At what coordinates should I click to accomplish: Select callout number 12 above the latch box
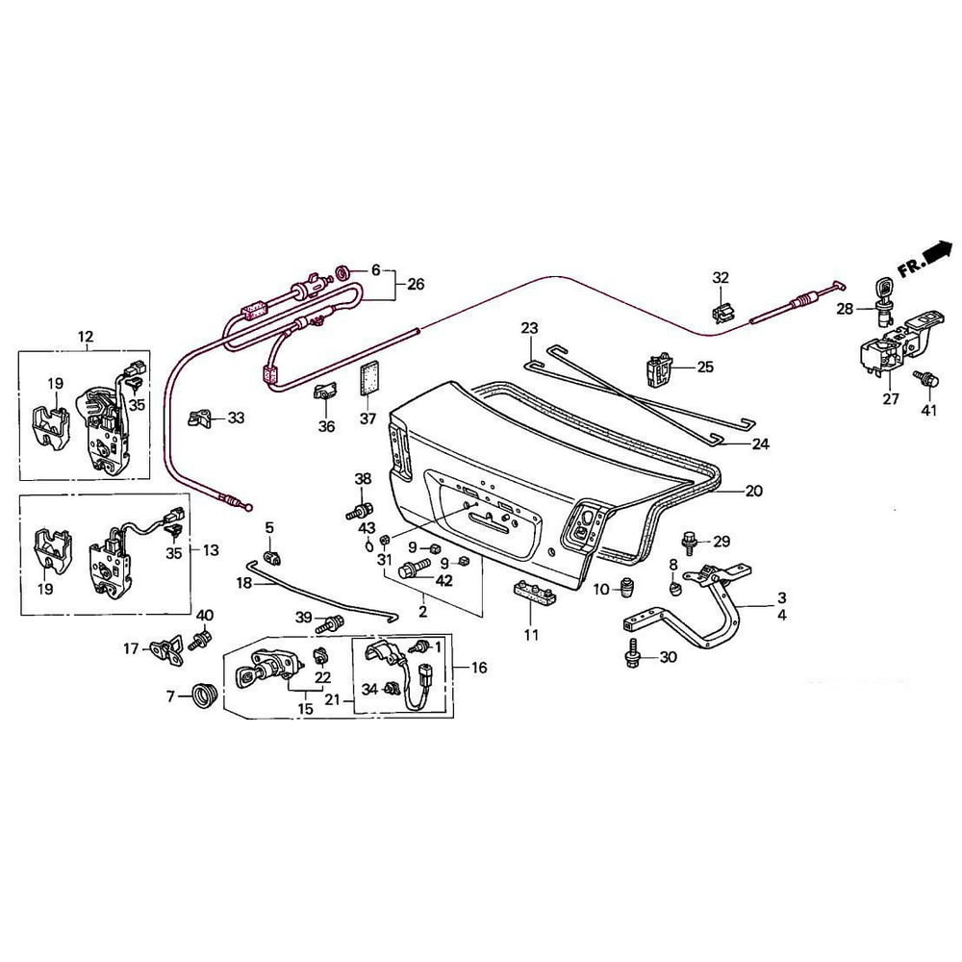[x=86, y=337]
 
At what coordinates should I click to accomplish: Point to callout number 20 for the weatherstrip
[x=753, y=491]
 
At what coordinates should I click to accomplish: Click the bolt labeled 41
[x=929, y=381]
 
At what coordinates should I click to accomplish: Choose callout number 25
[x=705, y=367]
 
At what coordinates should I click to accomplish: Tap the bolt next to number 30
[x=632, y=655]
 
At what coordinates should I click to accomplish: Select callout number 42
[x=443, y=581]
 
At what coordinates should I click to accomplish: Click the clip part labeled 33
[x=200, y=418]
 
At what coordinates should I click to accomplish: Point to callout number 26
[x=416, y=284]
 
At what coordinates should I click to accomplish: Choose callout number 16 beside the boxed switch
[x=478, y=666]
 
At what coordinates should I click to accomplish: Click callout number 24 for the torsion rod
[x=760, y=444]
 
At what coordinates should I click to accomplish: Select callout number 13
[x=211, y=550]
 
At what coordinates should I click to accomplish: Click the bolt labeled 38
[x=361, y=509]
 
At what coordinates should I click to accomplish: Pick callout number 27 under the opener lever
[x=891, y=399]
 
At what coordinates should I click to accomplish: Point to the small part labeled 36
[x=324, y=393]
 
